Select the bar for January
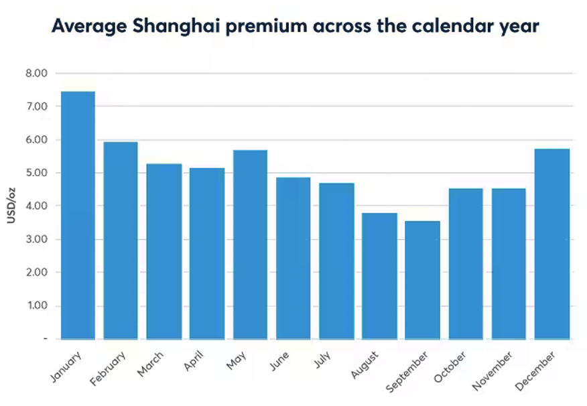click(x=78, y=214)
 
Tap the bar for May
click(x=250, y=244)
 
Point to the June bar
click(x=293, y=258)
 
